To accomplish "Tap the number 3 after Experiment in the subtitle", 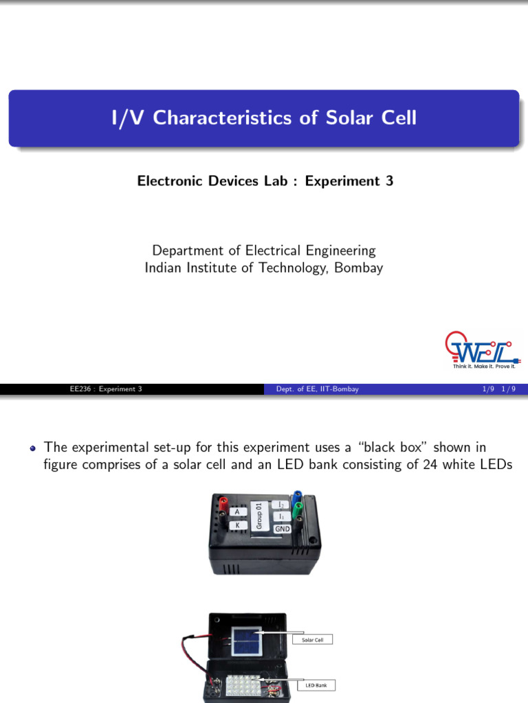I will (390, 181).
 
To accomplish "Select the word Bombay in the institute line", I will (359, 268).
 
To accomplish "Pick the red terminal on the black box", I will (223, 505).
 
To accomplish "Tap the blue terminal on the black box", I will (297, 496).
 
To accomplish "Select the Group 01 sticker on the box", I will (259, 515).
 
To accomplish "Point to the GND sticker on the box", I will (283, 529).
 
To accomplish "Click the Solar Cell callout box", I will (312, 640).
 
